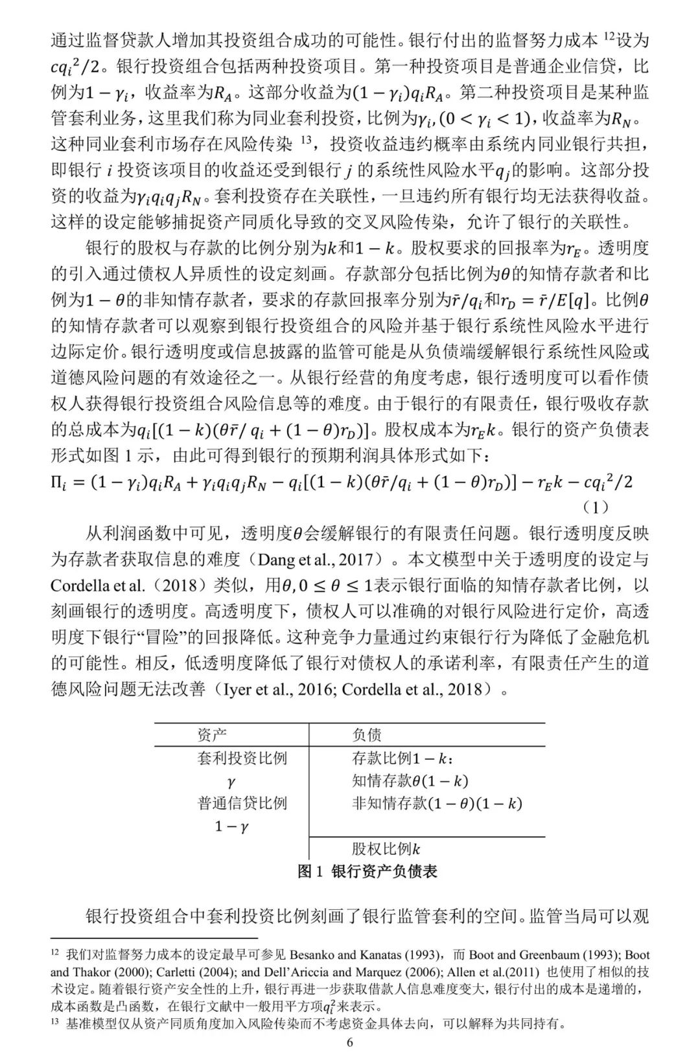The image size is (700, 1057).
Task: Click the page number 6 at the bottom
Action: pos(350,1042)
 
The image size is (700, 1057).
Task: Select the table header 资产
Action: pos(212,734)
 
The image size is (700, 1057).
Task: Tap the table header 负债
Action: pos(367,734)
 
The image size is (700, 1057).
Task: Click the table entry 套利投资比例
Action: pos(242,758)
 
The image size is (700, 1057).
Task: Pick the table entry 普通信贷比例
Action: pos(242,803)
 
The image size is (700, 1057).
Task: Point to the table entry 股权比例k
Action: pos(386,849)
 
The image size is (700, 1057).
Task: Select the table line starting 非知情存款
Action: pos(437,803)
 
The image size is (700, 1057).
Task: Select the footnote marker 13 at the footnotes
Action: pos(55,1023)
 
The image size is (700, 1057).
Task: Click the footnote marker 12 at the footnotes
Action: pos(55,955)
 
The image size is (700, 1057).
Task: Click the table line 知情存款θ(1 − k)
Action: pos(410,781)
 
